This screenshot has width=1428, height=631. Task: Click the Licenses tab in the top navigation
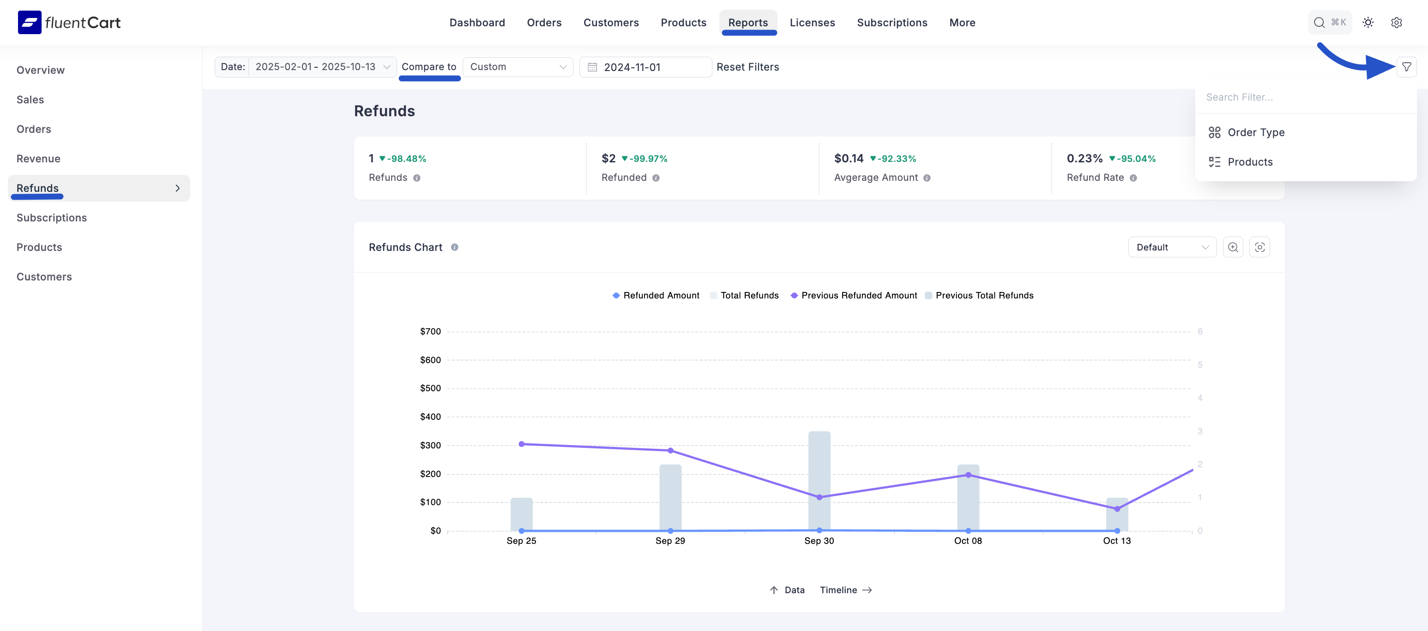point(812,23)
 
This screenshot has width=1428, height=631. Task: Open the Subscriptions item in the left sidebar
point(52,218)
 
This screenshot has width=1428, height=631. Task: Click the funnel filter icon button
point(1406,67)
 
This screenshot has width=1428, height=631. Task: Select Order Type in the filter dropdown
point(1256,132)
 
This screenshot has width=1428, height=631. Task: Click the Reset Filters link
point(747,67)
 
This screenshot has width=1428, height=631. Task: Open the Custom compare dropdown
point(517,67)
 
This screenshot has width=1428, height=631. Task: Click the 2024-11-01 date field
point(645,67)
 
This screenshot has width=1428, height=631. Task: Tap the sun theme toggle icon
point(1368,23)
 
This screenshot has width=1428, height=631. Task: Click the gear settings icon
point(1396,23)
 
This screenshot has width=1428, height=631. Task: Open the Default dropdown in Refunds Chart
point(1171,247)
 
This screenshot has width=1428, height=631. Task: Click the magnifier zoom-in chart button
point(1232,247)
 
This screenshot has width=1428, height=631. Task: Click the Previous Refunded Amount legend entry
point(858,295)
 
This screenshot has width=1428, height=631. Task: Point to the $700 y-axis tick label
point(430,331)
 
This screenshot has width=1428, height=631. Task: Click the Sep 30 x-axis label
point(819,541)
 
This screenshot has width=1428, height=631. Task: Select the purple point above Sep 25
point(521,444)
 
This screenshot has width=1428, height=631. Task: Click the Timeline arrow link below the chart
point(845,590)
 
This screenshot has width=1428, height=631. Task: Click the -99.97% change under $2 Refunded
point(647,159)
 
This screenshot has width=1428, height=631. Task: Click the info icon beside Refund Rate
point(1133,178)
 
